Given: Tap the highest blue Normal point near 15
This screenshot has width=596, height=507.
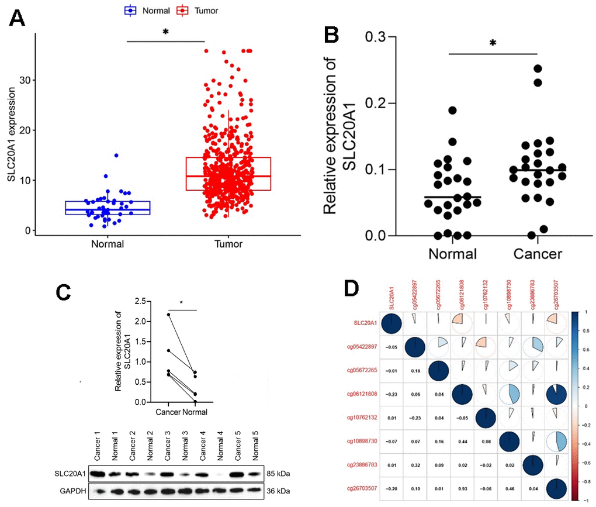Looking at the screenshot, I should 116,156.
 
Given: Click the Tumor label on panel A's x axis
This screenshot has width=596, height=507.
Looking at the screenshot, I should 228,243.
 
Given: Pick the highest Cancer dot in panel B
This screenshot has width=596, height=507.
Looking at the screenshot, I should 538,68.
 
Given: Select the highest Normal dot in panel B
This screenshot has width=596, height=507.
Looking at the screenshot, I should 452,110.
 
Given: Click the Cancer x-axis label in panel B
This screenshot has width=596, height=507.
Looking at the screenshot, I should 538,254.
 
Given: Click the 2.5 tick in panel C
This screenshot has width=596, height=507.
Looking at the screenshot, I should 138,301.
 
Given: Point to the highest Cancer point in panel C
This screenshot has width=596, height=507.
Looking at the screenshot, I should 169,315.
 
